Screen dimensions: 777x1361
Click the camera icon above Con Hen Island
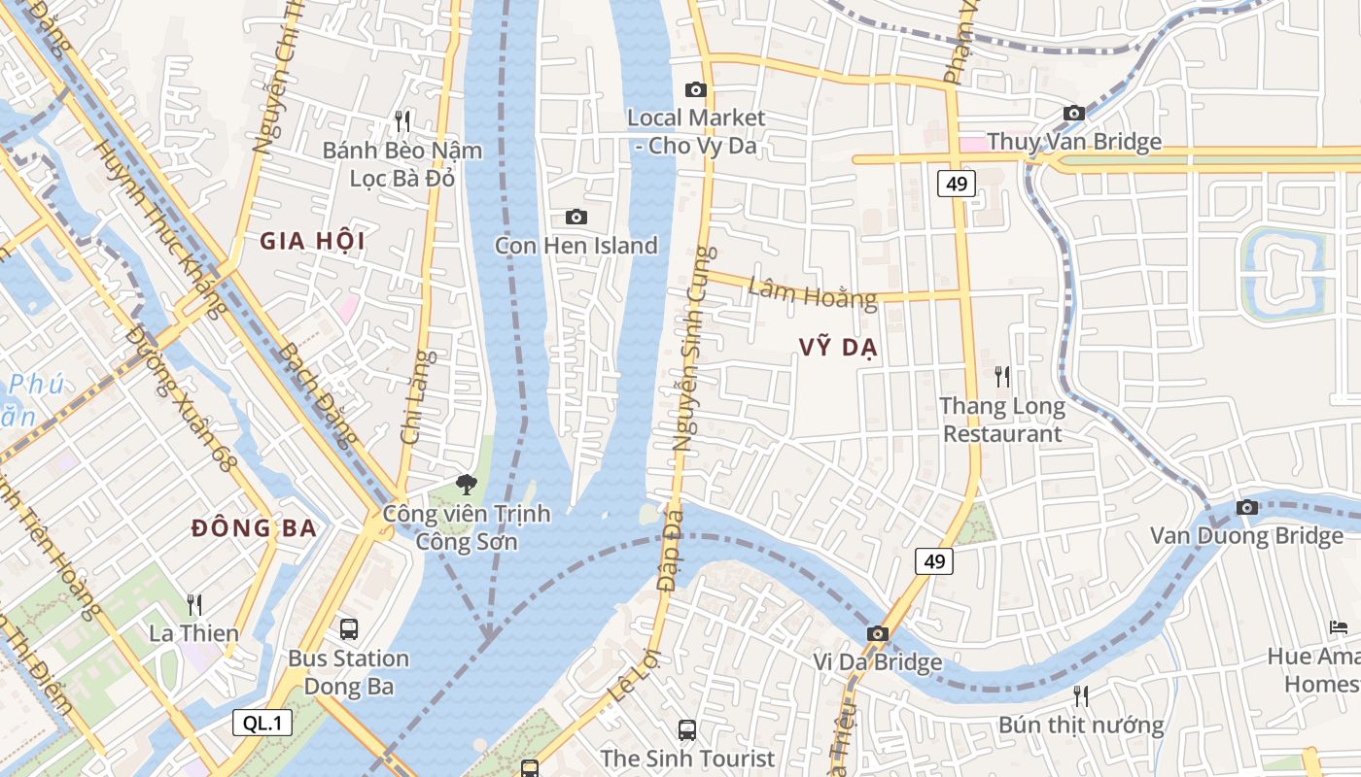(x=576, y=217)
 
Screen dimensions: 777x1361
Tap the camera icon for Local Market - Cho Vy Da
(x=696, y=89)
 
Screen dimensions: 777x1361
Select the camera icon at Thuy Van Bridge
(x=1074, y=114)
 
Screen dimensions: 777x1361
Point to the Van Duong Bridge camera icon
(x=1247, y=507)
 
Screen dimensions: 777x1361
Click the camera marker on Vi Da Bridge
(x=878, y=633)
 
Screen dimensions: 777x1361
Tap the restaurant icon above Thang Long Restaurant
(x=1002, y=376)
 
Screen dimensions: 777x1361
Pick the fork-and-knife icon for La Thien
(x=194, y=605)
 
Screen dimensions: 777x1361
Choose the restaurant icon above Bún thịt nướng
(x=1080, y=695)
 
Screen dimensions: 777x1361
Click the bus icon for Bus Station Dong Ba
(x=348, y=629)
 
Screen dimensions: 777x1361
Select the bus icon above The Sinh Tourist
(x=687, y=729)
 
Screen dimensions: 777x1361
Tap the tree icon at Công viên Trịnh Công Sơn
(x=468, y=484)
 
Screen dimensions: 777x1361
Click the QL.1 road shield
(x=262, y=723)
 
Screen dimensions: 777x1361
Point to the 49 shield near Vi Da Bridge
(x=934, y=561)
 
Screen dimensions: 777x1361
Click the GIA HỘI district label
(x=312, y=242)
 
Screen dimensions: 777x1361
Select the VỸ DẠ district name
(x=839, y=348)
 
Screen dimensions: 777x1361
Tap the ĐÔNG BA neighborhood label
(x=254, y=528)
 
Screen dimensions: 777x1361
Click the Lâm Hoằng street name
(x=813, y=291)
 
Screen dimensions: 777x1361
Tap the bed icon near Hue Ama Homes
(x=1339, y=627)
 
